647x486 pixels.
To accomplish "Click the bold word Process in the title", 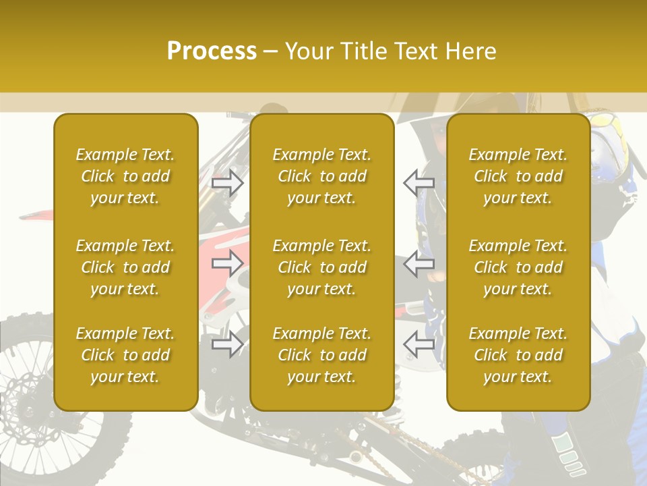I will tap(212, 51).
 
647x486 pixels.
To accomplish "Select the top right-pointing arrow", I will tap(228, 182).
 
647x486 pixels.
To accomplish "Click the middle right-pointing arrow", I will tap(228, 263).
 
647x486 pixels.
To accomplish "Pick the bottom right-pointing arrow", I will tap(228, 344).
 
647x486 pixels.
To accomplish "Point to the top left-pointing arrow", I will tap(419, 182).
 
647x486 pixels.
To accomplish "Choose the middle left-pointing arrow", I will tap(419, 263).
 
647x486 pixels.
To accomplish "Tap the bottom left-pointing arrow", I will tap(419, 344).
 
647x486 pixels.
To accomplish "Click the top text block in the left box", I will tap(125, 176).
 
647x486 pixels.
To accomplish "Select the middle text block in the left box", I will tap(125, 267).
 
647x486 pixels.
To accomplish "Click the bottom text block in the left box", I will tap(125, 355).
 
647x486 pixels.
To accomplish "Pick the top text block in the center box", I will tap(321, 176).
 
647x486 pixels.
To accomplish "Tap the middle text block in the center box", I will tap(321, 267).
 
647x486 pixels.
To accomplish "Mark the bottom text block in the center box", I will tap(321, 355).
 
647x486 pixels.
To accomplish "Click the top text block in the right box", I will tap(518, 176).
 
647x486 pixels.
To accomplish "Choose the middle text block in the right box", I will tap(518, 267).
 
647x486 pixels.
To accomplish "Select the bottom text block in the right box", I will tap(518, 355).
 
